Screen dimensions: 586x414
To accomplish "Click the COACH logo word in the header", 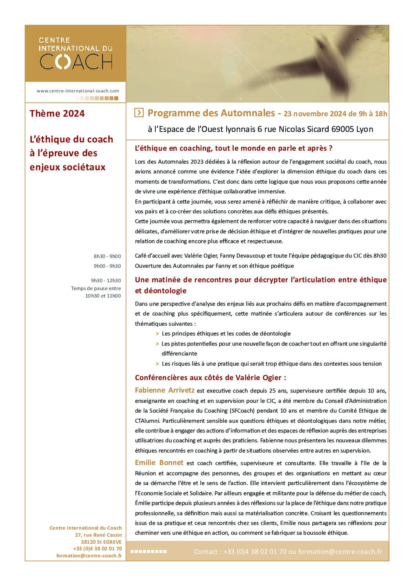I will (x=76, y=62).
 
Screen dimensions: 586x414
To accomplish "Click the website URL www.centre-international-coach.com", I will (x=78, y=91).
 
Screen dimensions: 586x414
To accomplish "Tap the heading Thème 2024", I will (x=57, y=114).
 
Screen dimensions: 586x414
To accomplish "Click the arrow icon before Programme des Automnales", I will (x=139, y=113).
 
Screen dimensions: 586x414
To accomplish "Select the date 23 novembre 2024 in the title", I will (x=315, y=114).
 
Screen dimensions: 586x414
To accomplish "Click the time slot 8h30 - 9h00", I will (x=107, y=256).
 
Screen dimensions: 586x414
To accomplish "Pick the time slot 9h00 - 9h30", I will (x=107, y=266).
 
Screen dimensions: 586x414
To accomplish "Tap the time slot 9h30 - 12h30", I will (x=106, y=281).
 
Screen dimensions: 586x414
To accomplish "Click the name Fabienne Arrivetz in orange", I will (x=165, y=390).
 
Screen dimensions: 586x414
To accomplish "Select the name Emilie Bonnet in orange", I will (x=159, y=463).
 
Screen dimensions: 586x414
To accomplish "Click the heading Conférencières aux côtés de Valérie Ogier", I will (x=211, y=378).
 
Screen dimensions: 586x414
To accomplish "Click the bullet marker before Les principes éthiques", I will (x=157, y=334).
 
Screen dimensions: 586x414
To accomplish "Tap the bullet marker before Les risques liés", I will (x=157, y=364).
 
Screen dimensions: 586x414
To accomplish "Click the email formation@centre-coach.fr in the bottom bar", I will (x=340, y=552).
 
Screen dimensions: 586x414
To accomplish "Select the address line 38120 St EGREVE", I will (x=101, y=542).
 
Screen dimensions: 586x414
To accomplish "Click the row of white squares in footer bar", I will (x=148, y=552).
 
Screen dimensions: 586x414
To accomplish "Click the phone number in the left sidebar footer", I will (x=97, y=549).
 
